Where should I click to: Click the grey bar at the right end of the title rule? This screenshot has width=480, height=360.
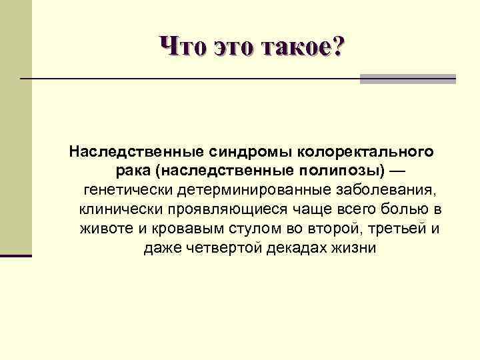point(408,79)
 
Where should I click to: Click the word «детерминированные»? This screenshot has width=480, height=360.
point(247,189)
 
